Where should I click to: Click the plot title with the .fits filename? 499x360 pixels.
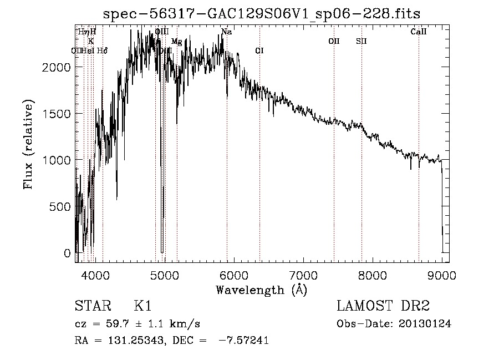point(263,14)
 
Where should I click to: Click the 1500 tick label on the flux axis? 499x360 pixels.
point(58,114)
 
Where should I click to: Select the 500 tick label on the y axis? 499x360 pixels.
point(62,206)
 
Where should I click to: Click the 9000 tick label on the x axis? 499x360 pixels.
point(442,274)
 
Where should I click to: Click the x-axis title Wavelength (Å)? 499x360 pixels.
point(261,290)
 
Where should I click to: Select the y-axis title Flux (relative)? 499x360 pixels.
point(28,145)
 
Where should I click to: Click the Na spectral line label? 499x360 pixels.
point(226,32)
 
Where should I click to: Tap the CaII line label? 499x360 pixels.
point(419,32)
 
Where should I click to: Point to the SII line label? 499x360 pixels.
point(361,41)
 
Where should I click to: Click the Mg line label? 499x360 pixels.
point(176,42)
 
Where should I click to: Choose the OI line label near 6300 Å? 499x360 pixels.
point(259,50)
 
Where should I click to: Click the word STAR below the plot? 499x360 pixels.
point(93,307)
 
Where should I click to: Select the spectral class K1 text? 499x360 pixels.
point(142,307)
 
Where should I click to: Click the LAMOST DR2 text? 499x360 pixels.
point(383,307)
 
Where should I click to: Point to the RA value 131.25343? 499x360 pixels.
point(128,341)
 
